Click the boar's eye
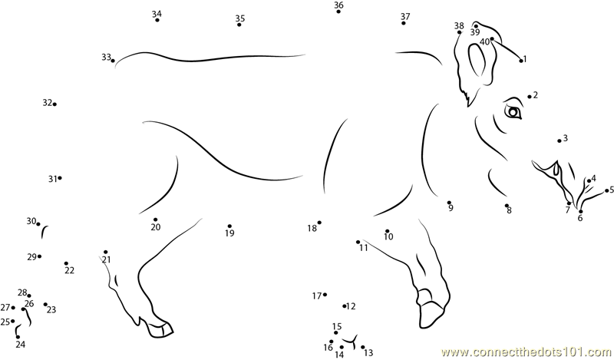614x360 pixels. coord(513,112)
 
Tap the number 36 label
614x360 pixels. coord(338,5)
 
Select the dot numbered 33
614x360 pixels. coord(113,61)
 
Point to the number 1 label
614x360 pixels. coord(525,59)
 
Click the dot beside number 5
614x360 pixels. coord(606,191)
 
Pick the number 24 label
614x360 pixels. coord(21,345)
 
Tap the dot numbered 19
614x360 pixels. coord(229,226)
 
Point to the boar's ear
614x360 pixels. coord(474,63)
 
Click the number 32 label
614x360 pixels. coord(48,103)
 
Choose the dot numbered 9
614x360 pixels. coord(449,203)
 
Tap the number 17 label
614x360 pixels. coord(317,296)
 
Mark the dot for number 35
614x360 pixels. coord(239,25)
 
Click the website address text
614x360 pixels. coord(527,352)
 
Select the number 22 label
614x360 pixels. coord(69,270)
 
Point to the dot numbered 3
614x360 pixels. coord(560,141)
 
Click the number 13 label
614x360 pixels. coord(368,353)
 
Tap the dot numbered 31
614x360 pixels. coord(60,178)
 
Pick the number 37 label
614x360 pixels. coord(405,16)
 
